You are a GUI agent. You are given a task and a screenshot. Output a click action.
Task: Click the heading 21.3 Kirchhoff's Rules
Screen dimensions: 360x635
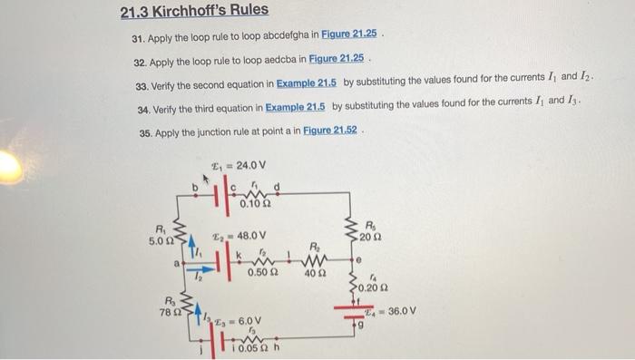point(194,13)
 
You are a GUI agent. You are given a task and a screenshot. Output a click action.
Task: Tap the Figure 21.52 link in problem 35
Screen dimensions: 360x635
point(328,131)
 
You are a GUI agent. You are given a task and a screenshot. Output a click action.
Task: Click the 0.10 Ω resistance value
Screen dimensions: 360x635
point(254,204)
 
